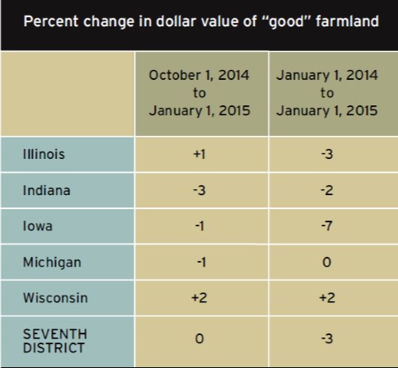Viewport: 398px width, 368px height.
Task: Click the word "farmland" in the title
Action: pos(347,21)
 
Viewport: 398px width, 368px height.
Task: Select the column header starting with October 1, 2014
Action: pos(199,93)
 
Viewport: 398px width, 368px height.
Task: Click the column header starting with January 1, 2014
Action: pos(327,93)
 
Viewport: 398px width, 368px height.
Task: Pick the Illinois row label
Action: pos(44,154)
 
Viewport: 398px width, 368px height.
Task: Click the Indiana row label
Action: pos(46,190)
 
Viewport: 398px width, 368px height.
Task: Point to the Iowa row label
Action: pos(37,226)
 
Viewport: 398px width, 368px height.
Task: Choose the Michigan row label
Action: pos(52,263)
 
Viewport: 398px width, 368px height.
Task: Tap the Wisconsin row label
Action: pos(55,298)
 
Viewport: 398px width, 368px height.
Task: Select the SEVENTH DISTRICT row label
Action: pos(55,341)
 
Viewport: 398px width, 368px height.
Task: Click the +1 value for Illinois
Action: pos(199,154)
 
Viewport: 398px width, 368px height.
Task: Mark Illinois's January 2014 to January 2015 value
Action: pos(327,154)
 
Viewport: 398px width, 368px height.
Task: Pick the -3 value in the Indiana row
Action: pos(199,190)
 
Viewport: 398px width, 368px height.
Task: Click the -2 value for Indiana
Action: pos(327,190)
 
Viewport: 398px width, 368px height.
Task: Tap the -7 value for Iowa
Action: pos(327,226)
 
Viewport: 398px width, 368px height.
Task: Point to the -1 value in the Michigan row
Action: pos(201,263)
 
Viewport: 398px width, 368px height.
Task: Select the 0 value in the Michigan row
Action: pos(327,263)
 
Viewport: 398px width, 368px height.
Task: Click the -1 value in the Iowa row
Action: pos(199,226)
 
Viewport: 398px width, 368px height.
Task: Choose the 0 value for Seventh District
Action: pos(199,338)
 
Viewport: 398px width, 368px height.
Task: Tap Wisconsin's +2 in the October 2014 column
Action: pos(199,298)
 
